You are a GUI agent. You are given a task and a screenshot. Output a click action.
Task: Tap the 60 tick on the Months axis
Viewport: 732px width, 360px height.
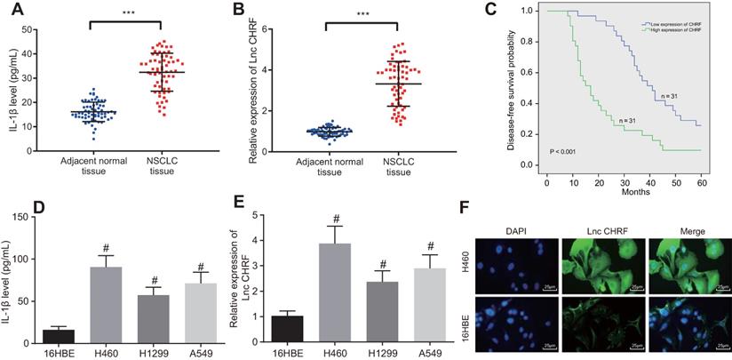coord(700,172)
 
